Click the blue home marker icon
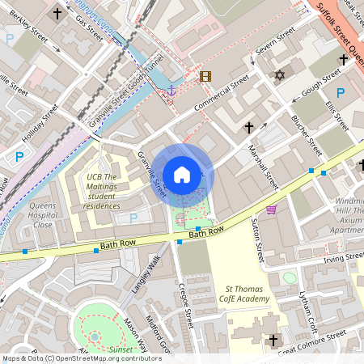(x=182, y=175)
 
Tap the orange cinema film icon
(x=205, y=77)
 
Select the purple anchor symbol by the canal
(x=171, y=91)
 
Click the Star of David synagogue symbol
(x=281, y=75)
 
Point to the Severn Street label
(x=274, y=42)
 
